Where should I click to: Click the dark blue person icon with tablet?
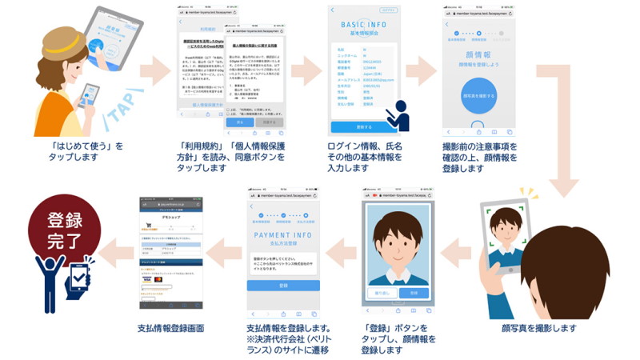(x=397, y=117)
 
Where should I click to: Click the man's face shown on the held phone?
(x=505, y=225)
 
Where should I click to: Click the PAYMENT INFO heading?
(x=283, y=235)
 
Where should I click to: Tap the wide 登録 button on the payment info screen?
(x=283, y=286)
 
